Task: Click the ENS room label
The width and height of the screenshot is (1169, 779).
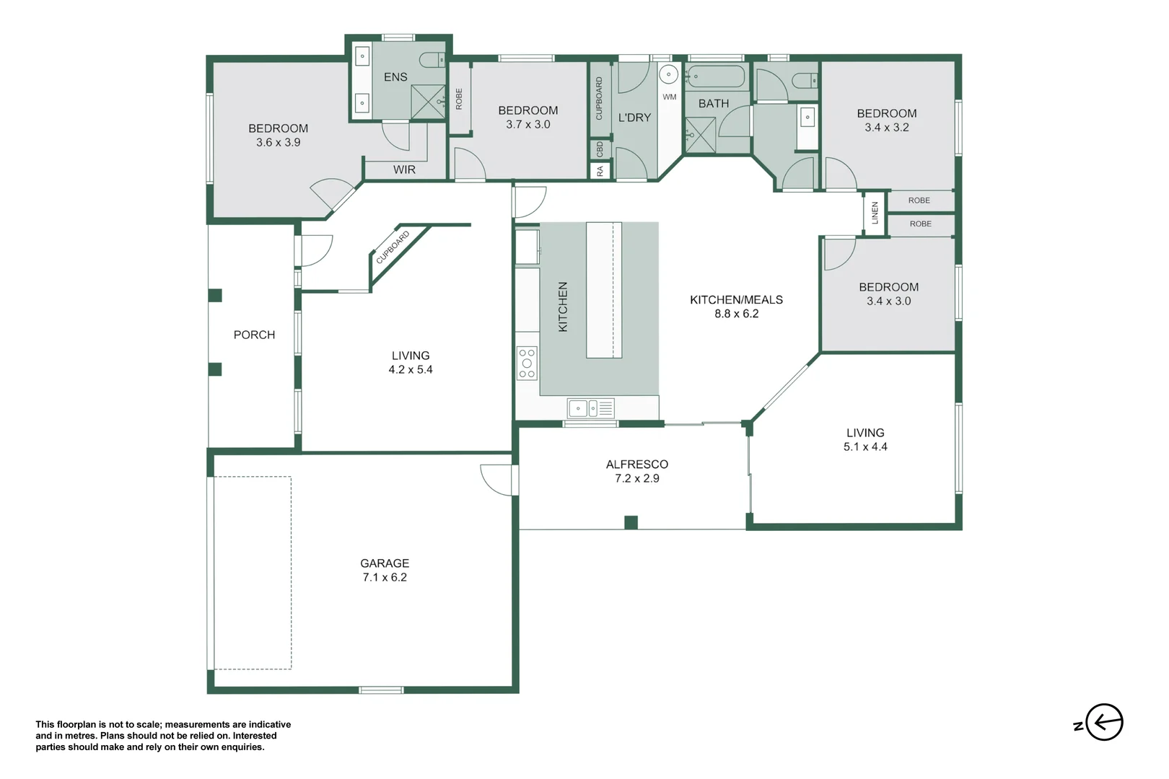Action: [x=395, y=77]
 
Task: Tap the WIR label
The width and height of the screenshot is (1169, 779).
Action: [x=404, y=170]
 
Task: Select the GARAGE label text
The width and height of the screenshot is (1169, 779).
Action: [x=385, y=563]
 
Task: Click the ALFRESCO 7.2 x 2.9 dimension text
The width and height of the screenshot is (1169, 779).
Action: [x=636, y=478]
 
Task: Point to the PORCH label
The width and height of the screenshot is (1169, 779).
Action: [x=254, y=335]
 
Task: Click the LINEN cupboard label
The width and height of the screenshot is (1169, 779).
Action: [x=875, y=213]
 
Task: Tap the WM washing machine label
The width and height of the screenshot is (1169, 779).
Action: [x=670, y=97]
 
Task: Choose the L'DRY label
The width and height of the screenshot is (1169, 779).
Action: [x=634, y=118]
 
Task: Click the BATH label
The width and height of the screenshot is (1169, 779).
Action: [x=714, y=104]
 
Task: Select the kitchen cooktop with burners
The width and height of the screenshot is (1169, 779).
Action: [x=527, y=363]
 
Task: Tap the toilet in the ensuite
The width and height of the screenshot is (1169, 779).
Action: [x=433, y=60]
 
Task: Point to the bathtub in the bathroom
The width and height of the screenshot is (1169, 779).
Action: [x=716, y=77]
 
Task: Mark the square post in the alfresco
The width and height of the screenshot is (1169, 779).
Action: [x=631, y=522]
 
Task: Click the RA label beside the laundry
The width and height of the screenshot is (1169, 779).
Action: [x=600, y=171]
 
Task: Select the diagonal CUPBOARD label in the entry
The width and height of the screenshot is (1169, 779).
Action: [x=393, y=247]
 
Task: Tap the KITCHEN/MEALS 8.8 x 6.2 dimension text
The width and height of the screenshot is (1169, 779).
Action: [x=736, y=314]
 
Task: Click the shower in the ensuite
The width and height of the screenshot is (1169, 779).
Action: [x=428, y=102]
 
